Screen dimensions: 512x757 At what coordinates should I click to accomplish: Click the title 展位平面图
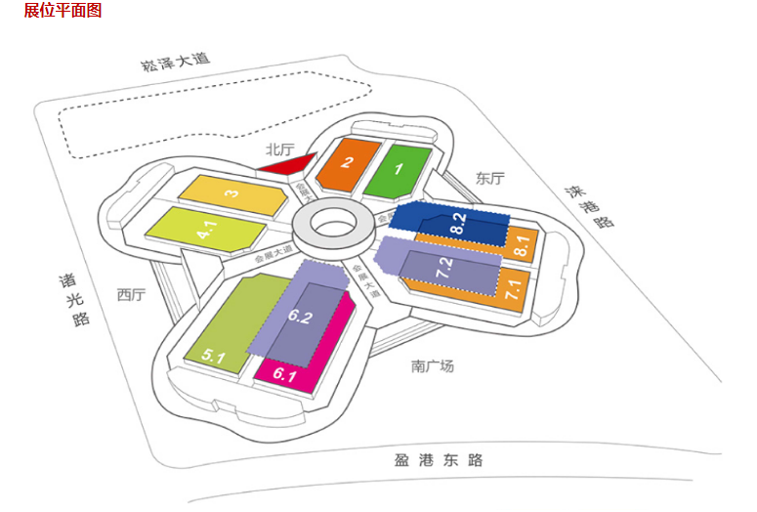63,11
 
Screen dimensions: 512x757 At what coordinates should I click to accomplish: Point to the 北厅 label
279,149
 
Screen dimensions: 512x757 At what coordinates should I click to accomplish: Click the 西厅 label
131,294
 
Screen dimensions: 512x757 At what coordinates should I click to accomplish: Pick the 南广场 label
433,366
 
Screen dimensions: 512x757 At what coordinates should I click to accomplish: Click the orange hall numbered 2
348,165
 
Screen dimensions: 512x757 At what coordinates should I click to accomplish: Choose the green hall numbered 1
399,169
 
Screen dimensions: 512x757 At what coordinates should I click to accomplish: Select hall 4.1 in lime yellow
205,231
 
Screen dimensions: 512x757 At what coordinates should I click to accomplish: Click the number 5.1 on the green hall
214,358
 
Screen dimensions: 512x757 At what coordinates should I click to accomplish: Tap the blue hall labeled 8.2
457,223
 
